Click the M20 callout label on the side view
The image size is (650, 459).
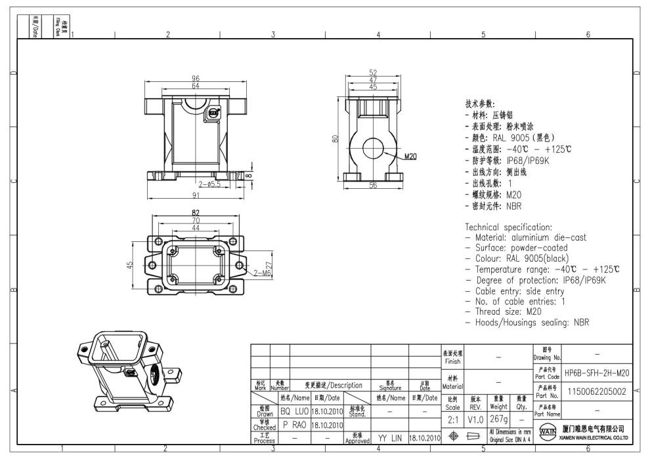click(411, 157)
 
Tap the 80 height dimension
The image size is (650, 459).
click(336, 140)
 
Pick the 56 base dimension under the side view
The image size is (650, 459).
click(373, 186)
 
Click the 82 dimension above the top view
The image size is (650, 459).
click(195, 213)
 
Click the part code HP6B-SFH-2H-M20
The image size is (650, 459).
click(597, 372)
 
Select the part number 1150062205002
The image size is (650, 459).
click(597, 391)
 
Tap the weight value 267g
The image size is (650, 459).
click(496, 418)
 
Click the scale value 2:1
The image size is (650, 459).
click(453, 418)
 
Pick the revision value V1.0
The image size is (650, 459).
click(475, 418)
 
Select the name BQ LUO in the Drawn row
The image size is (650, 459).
click(293, 410)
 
